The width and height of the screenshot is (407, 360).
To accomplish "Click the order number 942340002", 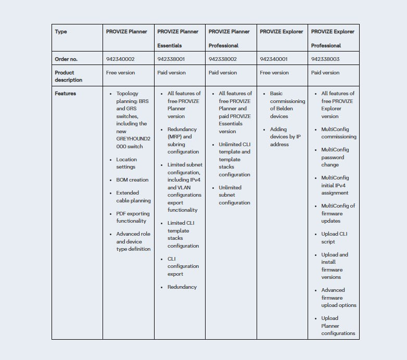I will point(120,59).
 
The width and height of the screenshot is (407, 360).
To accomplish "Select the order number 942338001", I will point(171,59).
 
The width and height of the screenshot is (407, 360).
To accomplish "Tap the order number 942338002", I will point(223,59).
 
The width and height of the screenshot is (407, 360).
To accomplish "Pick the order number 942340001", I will point(274,59).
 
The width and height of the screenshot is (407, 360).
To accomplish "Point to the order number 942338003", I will point(325,59).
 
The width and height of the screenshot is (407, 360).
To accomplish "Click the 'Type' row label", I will point(61,32).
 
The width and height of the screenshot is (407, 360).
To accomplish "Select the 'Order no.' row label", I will point(66,59).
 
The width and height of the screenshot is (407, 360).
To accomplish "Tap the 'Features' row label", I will point(66,94).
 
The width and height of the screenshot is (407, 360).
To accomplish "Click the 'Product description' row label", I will point(69,76).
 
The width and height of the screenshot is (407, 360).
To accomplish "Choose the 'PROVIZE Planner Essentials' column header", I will point(178,38).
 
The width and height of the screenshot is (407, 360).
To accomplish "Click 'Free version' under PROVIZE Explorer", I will point(274,73).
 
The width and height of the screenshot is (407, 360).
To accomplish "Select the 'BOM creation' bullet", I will point(132,180).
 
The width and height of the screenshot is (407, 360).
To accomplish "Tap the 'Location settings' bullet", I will point(126,163).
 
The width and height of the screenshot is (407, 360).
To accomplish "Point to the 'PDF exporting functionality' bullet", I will point(133,217).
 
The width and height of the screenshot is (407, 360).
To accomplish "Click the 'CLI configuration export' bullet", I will point(183,266).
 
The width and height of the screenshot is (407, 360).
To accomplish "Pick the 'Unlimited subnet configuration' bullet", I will point(234,195).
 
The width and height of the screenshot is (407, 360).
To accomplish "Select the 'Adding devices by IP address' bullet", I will point(285,137).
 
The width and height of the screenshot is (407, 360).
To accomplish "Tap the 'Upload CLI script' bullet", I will point(334,238).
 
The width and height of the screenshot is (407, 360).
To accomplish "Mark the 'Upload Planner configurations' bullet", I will point(338,326).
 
